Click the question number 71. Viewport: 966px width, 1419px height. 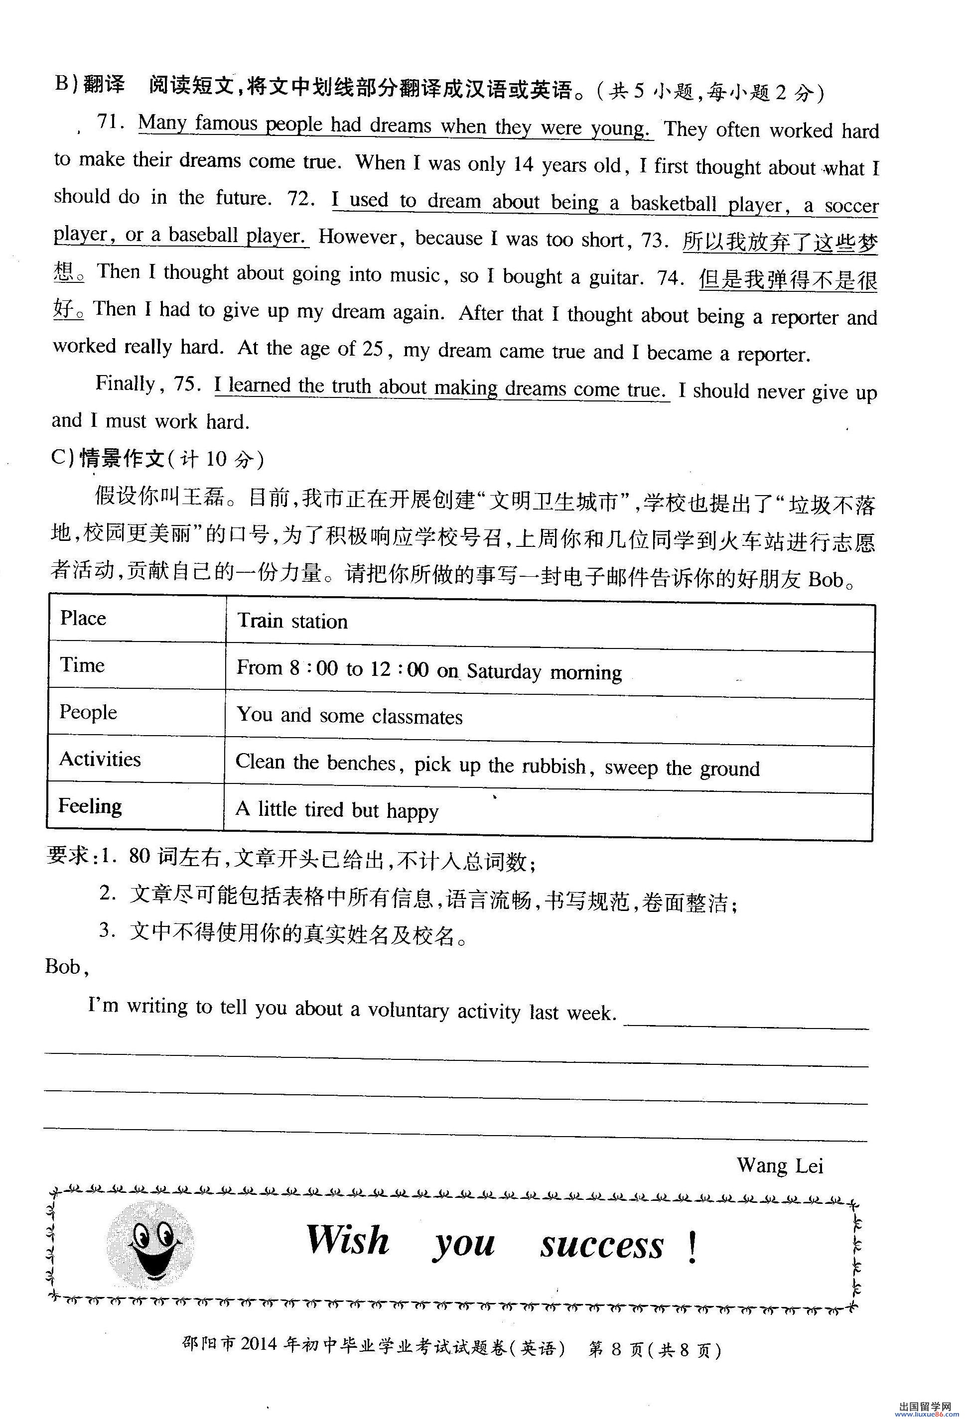[x=111, y=122]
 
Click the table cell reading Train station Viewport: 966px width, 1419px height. [x=292, y=621]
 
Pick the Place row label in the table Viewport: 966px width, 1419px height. [x=83, y=618]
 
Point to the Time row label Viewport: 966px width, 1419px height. [x=82, y=665]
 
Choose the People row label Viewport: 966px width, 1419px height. [x=88, y=712]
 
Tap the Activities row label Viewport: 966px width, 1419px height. [x=100, y=759]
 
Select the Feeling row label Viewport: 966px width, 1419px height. [x=90, y=806]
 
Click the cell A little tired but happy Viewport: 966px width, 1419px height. [x=337, y=810]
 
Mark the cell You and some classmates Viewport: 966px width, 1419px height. [x=349, y=716]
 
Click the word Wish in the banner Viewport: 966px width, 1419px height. [x=347, y=1240]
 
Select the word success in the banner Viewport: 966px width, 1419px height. [x=601, y=1246]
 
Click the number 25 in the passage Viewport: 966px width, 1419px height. [x=372, y=349]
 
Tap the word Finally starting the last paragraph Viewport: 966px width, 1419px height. [x=126, y=384]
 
